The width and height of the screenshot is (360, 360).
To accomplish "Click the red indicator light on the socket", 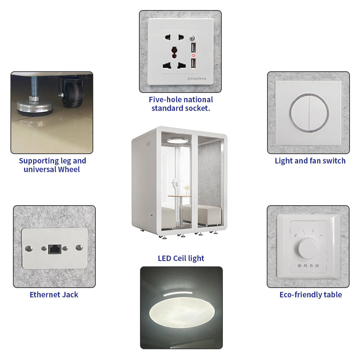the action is (x=193, y=55).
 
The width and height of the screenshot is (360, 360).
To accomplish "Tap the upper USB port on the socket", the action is (x=193, y=48).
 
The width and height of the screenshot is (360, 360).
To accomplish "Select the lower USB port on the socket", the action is (x=193, y=63).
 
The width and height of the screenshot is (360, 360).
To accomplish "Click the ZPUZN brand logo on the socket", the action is (x=197, y=79).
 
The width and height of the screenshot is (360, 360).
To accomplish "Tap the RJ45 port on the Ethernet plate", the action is (x=55, y=249).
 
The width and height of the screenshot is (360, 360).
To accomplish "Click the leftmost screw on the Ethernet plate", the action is (x=29, y=248).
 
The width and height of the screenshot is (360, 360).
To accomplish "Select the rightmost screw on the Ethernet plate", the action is (x=79, y=248).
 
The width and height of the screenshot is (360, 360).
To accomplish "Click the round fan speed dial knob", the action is (x=308, y=248).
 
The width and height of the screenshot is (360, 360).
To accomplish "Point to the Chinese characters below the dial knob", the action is (x=309, y=266).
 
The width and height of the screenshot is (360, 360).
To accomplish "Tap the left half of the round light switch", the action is (x=300, y=113).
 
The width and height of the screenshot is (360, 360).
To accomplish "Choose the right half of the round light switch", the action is (x=319, y=113).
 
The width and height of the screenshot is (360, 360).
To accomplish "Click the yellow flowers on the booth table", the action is (x=187, y=188).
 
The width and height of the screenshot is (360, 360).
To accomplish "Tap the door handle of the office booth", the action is (x=175, y=183).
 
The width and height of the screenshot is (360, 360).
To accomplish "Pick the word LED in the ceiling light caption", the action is (x=165, y=258).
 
